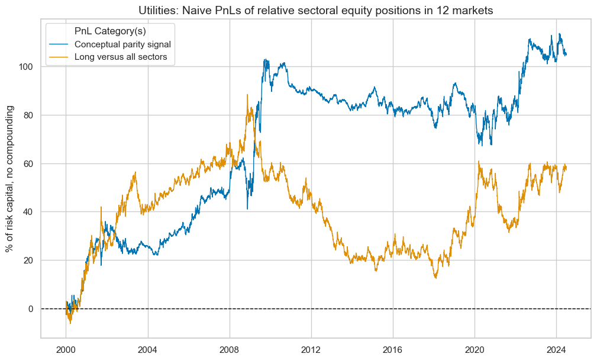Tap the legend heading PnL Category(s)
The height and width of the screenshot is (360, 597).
pos(107,30)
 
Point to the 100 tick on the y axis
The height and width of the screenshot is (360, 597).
pos(25,67)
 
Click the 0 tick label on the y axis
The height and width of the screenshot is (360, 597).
pos(30,308)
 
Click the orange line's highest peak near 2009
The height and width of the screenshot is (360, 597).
pos(247,94)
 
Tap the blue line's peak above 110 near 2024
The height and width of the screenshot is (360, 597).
pos(559,34)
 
